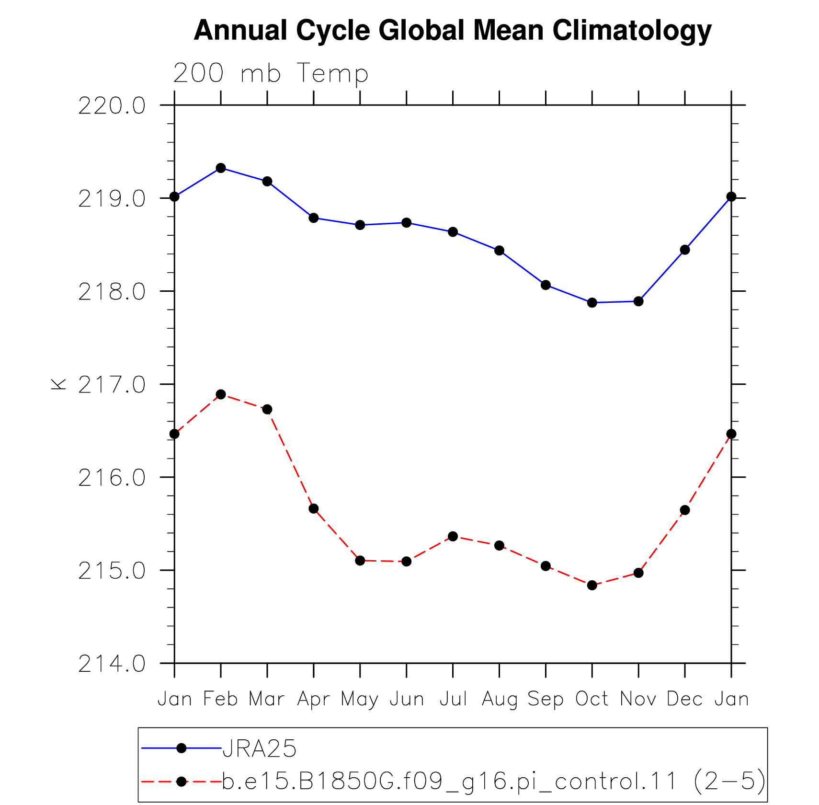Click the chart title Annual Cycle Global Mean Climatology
tap(453, 31)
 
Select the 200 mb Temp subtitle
tap(271, 73)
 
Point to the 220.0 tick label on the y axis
tap(112, 105)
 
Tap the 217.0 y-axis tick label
tap(112, 384)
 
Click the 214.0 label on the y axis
tap(112, 664)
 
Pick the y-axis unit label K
tap(58, 384)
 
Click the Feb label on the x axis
tap(220, 699)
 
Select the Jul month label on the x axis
tap(453, 699)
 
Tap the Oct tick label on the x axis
tap(592, 699)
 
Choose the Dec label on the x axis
tap(685, 699)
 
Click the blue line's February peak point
tap(221, 168)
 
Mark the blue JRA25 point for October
tap(592, 302)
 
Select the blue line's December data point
tap(685, 250)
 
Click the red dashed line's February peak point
tap(221, 394)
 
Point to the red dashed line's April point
tap(314, 508)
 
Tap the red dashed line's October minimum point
tap(592, 585)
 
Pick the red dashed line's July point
tap(453, 536)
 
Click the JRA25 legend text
tap(260, 748)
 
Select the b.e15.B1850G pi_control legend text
tap(494, 781)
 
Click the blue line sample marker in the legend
tap(181, 748)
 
